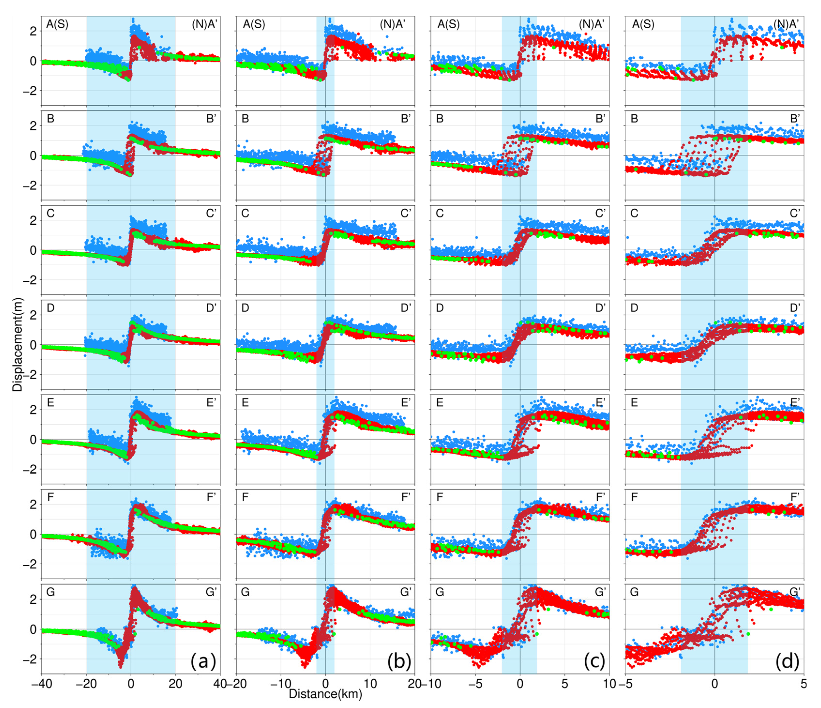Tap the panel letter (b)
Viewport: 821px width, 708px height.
tap(399, 662)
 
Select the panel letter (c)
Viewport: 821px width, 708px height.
tap(594, 662)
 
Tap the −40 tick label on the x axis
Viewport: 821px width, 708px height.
tap(41, 684)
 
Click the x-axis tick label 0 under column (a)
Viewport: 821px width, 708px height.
tap(131, 684)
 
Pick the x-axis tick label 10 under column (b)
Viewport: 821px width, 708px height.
tap(370, 684)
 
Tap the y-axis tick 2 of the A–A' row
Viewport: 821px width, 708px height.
tap(33, 31)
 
